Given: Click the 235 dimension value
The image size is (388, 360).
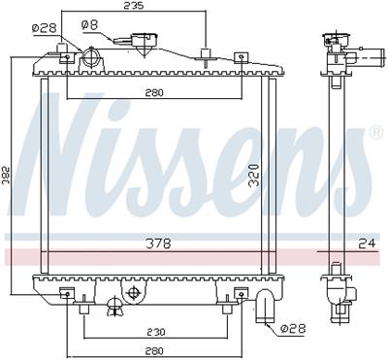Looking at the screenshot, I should [x=133, y=6].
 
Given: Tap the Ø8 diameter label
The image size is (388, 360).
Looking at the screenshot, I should [x=88, y=22].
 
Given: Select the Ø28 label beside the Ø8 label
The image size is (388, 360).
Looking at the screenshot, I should [x=45, y=28].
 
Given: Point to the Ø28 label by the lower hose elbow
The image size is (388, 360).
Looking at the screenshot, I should [x=292, y=329].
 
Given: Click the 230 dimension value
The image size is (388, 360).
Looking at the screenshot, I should [x=154, y=330].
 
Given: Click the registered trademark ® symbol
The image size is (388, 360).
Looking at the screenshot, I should [x=375, y=132].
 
